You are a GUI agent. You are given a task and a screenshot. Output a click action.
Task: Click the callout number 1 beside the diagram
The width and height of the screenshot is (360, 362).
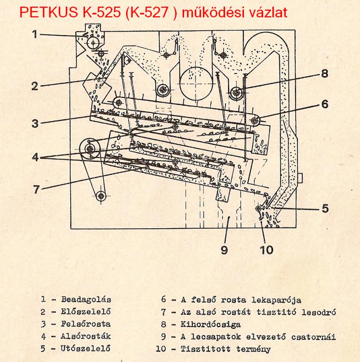click(35, 34)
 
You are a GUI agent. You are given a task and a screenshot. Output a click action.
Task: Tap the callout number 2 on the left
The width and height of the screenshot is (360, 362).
click(35, 86)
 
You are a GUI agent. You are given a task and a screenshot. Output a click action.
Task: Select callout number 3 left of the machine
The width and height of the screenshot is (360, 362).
click(35, 123)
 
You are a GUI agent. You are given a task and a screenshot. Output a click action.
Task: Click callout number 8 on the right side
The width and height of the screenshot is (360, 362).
click(324, 74)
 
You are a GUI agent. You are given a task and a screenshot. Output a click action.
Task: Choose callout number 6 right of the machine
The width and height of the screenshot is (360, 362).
click(325, 104)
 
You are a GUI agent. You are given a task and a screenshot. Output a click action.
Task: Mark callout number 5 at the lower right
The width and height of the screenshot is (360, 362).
click(325, 208)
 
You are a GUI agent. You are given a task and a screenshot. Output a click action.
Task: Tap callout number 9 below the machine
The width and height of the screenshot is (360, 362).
click(224, 250)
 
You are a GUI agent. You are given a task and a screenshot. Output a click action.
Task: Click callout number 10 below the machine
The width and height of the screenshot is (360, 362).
click(266, 250)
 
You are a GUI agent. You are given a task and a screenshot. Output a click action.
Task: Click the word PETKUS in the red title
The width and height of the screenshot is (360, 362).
click(49, 12)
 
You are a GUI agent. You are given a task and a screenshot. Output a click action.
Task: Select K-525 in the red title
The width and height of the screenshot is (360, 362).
click(102, 12)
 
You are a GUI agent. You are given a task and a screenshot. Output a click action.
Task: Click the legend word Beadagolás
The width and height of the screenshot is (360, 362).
click(86, 299)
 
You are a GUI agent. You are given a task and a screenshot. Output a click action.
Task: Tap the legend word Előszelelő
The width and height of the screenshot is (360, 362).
click(85, 312)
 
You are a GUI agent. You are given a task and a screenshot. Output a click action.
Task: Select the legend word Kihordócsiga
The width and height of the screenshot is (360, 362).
click(211, 324)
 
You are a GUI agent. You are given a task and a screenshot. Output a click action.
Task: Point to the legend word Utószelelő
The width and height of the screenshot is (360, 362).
click(85, 348)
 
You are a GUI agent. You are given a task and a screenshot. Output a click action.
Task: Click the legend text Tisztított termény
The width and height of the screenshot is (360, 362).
click(225, 348)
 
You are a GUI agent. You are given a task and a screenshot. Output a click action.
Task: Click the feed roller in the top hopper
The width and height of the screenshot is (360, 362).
click(93, 43)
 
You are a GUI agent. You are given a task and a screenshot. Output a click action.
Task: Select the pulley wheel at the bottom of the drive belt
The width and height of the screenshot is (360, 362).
click(101, 196)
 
